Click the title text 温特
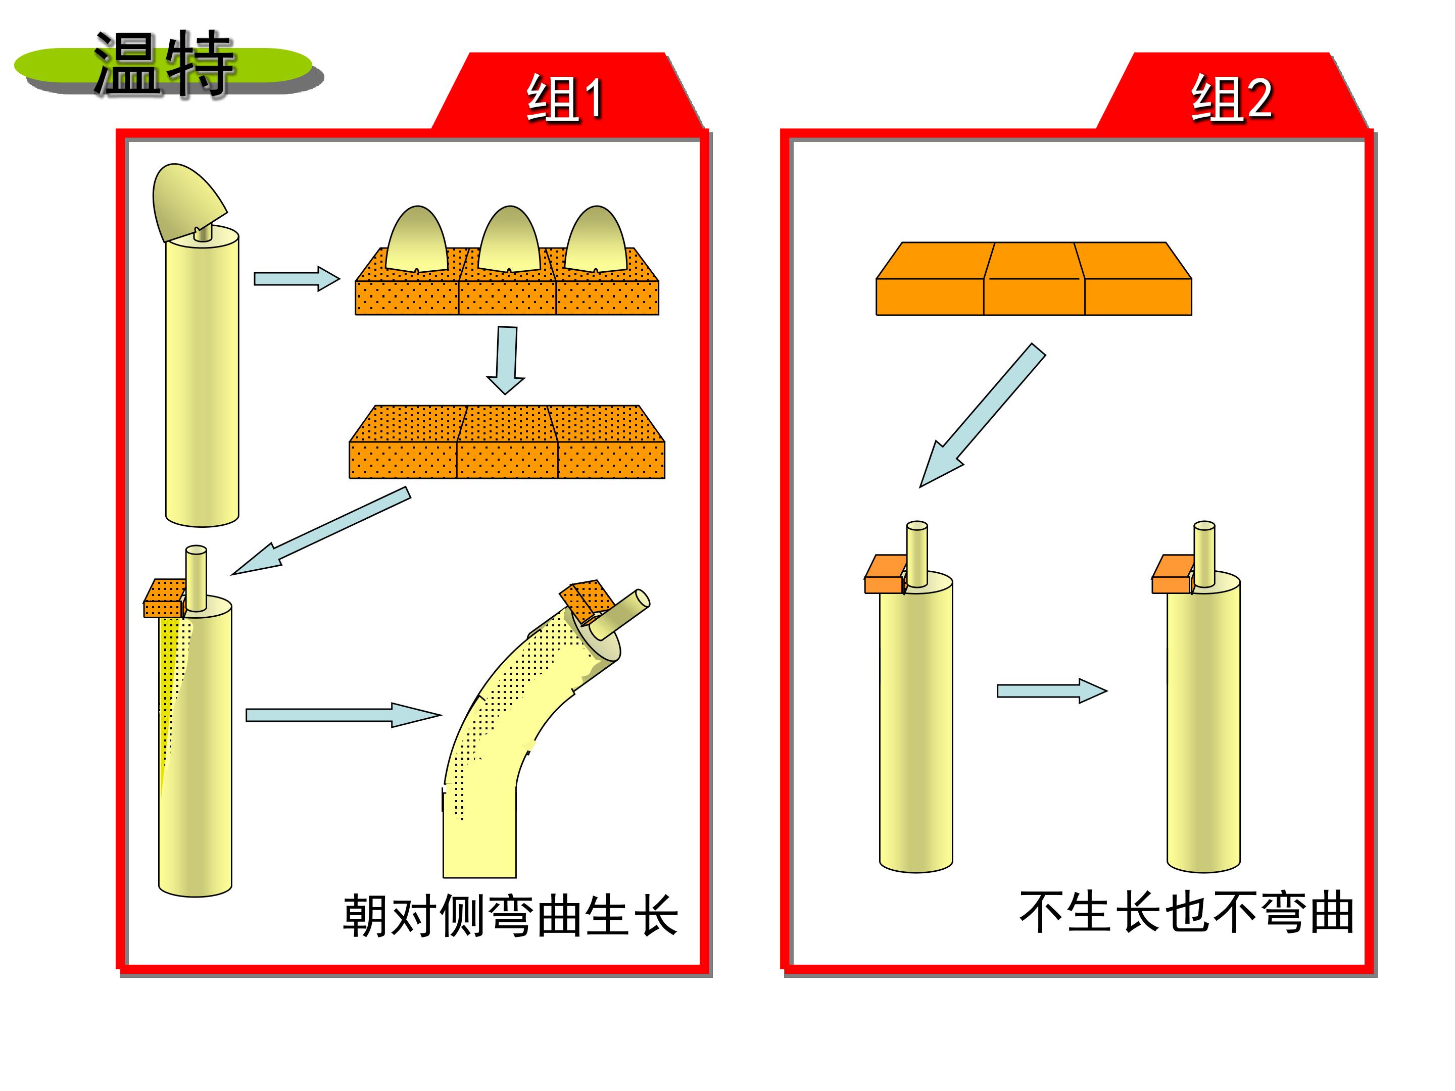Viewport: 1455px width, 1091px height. pyautogui.click(x=164, y=64)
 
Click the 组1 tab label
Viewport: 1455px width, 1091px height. pyautogui.click(x=565, y=98)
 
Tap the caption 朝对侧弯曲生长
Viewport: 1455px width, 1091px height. pyautogui.click(x=510, y=915)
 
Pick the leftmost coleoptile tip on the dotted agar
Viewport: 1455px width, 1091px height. pyautogui.click(x=417, y=239)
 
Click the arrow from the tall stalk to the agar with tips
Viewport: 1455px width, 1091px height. pyautogui.click(x=297, y=278)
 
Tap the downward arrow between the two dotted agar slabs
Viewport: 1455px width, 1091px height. pyautogui.click(x=505, y=360)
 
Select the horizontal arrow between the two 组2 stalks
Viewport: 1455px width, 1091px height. pyautogui.click(x=1052, y=690)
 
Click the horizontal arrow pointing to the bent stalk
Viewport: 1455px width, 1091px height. pyautogui.click(x=344, y=715)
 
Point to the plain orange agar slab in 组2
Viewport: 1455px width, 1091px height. pyautogui.click(x=1034, y=279)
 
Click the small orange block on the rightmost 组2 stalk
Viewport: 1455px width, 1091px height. pyautogui.click(x=1173, y=575)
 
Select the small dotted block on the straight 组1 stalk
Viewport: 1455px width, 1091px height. pyautogui.click(x=164, y=599)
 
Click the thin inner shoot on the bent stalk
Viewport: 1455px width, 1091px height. pyautogui.click(x=619, y=614)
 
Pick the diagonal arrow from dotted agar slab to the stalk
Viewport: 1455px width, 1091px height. pyautogui.click(x=321, y=531)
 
